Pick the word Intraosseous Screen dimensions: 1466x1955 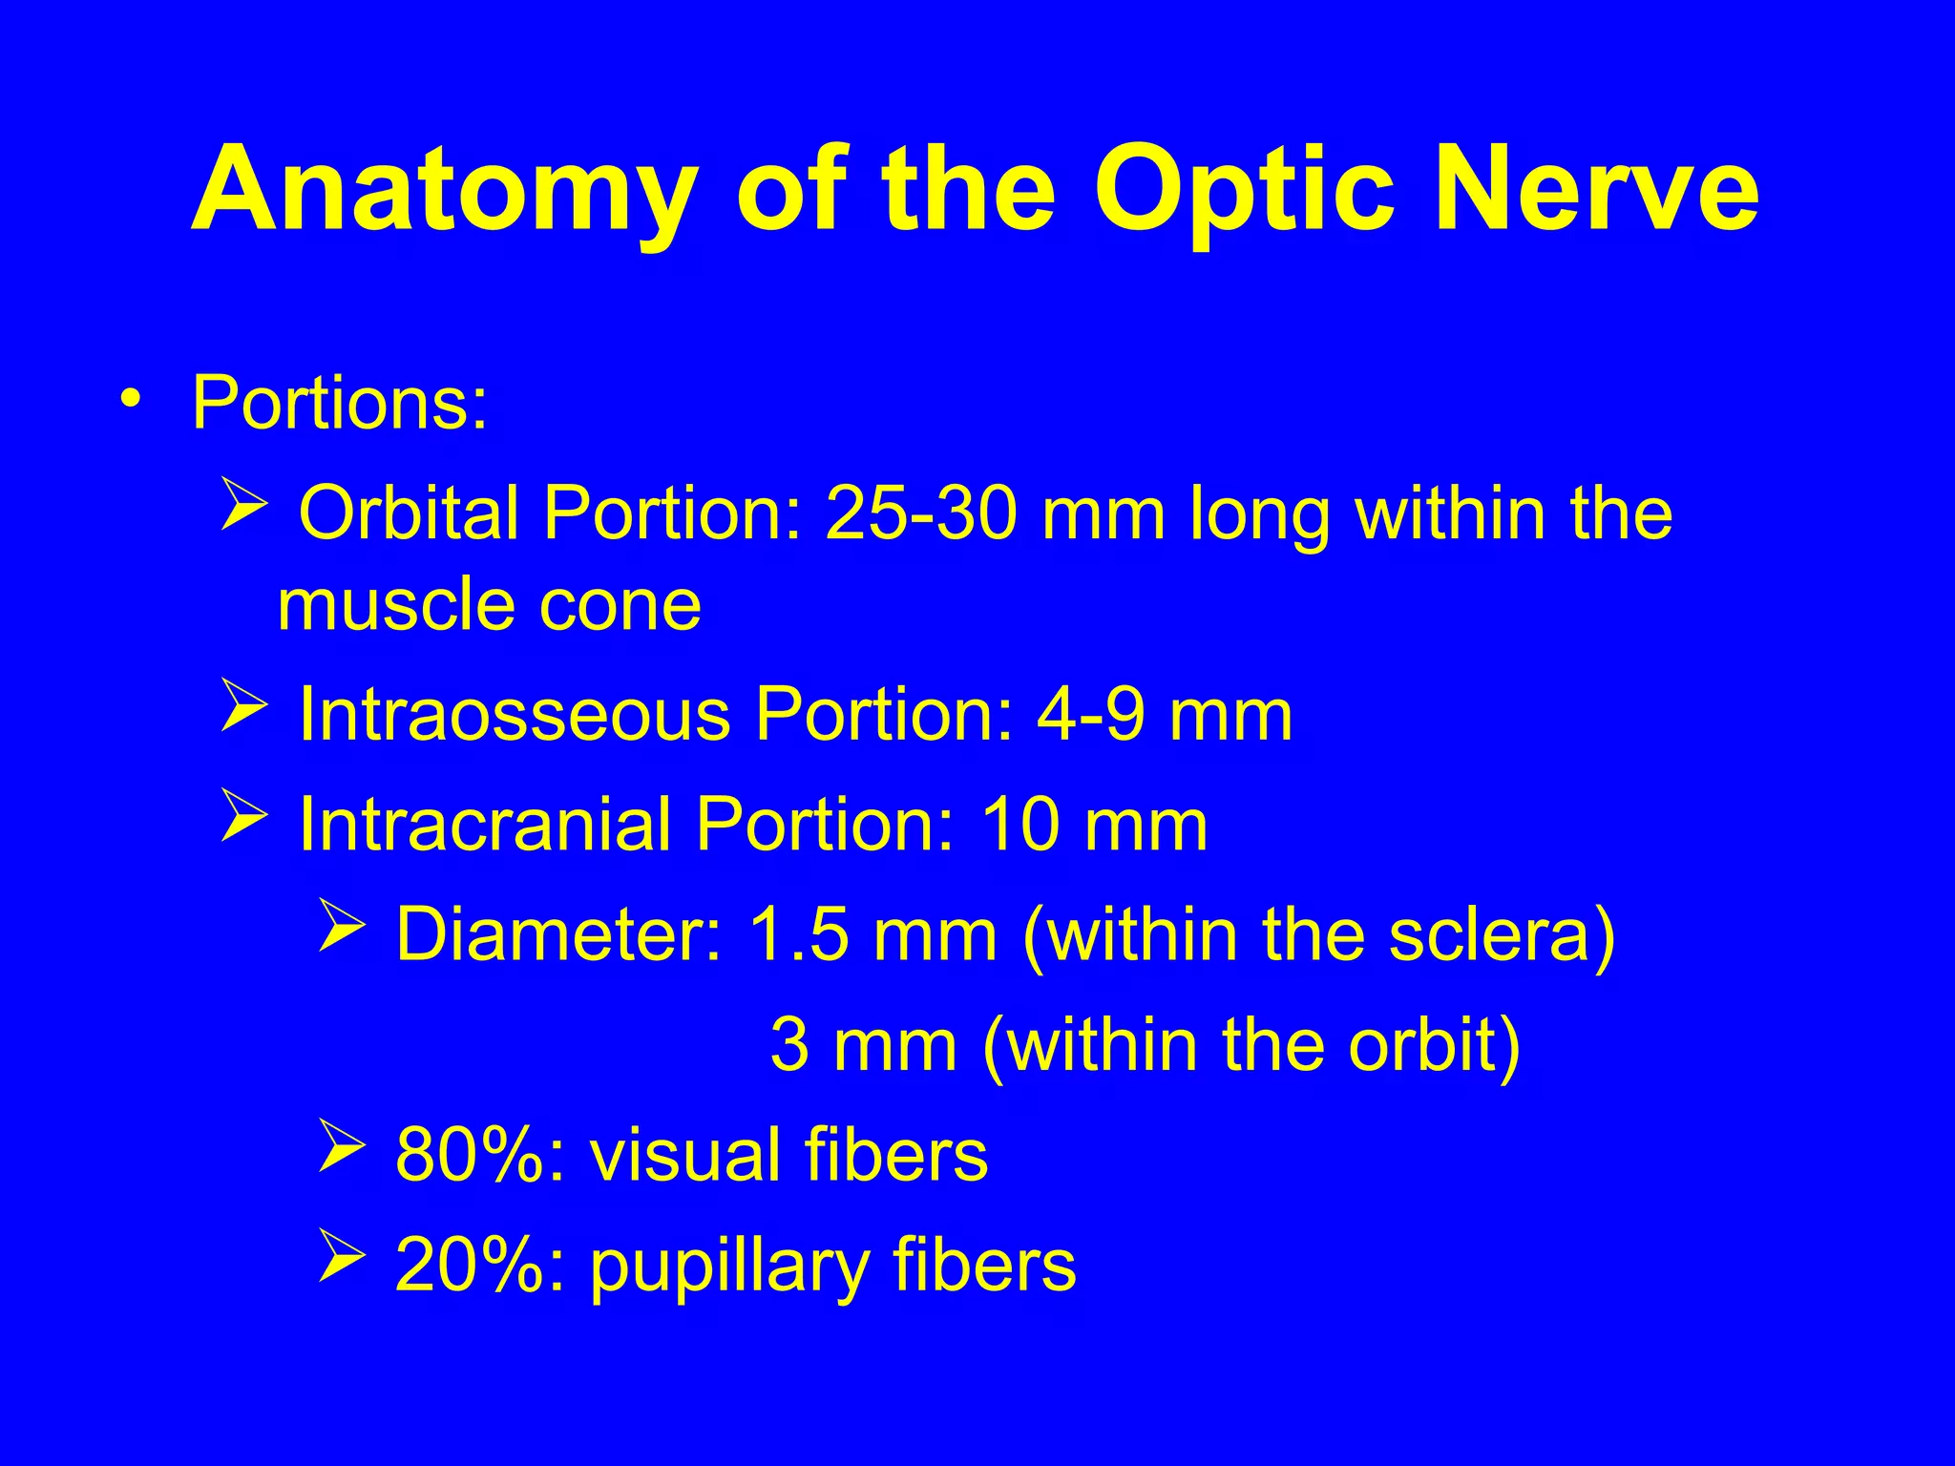(515, 716)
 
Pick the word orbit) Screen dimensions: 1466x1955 (1433, 1046)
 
